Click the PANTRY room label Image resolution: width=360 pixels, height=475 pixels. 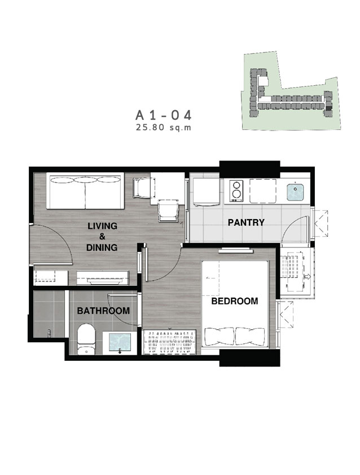pyautogui.click(x=246, y=223)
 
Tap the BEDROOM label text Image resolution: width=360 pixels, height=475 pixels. pyautogui.click(x=235, y=301)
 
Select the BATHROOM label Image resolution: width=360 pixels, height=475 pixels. pyautogui.click(x=103, y=311)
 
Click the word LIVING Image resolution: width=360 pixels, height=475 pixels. pyautogui.click(x=102, y=226)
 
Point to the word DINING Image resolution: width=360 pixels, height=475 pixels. pyautogui.click(x=102, y=247)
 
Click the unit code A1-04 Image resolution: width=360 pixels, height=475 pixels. pyautogui.click(x=164, y=115)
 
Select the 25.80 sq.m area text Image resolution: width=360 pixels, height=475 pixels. pyautogui.click(x=164, y=128)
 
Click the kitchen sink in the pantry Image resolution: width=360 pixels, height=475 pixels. pyautogui.click(x=295, y=192)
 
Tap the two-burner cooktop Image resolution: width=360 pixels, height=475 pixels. pyautogui.click(x=236, y=191)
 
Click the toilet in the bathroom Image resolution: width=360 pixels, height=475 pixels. pyautogui.click(x=86, y=339)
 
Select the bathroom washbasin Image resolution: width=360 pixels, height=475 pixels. pyautogui.click(x=120, y=343)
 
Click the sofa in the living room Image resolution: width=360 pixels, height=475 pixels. pyautogui.click(x=85, y=191)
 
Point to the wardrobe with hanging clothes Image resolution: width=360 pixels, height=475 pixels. pyautogui.click(x=169, y=342)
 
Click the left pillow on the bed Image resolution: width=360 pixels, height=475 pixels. pyautogui.click(x=220, y=336)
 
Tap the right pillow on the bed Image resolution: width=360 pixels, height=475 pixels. pyautogui.click(x=250, y=336)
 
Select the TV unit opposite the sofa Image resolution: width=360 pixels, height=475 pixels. pyautogui.click(x=103, y=278)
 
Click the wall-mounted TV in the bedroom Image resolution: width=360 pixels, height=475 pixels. pyautogui.click(x=236, y=250)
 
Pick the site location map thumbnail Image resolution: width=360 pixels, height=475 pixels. pyautogui.click(x=291, y=91)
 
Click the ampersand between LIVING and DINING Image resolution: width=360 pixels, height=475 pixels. pyautogui.click(x=102, y=237)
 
